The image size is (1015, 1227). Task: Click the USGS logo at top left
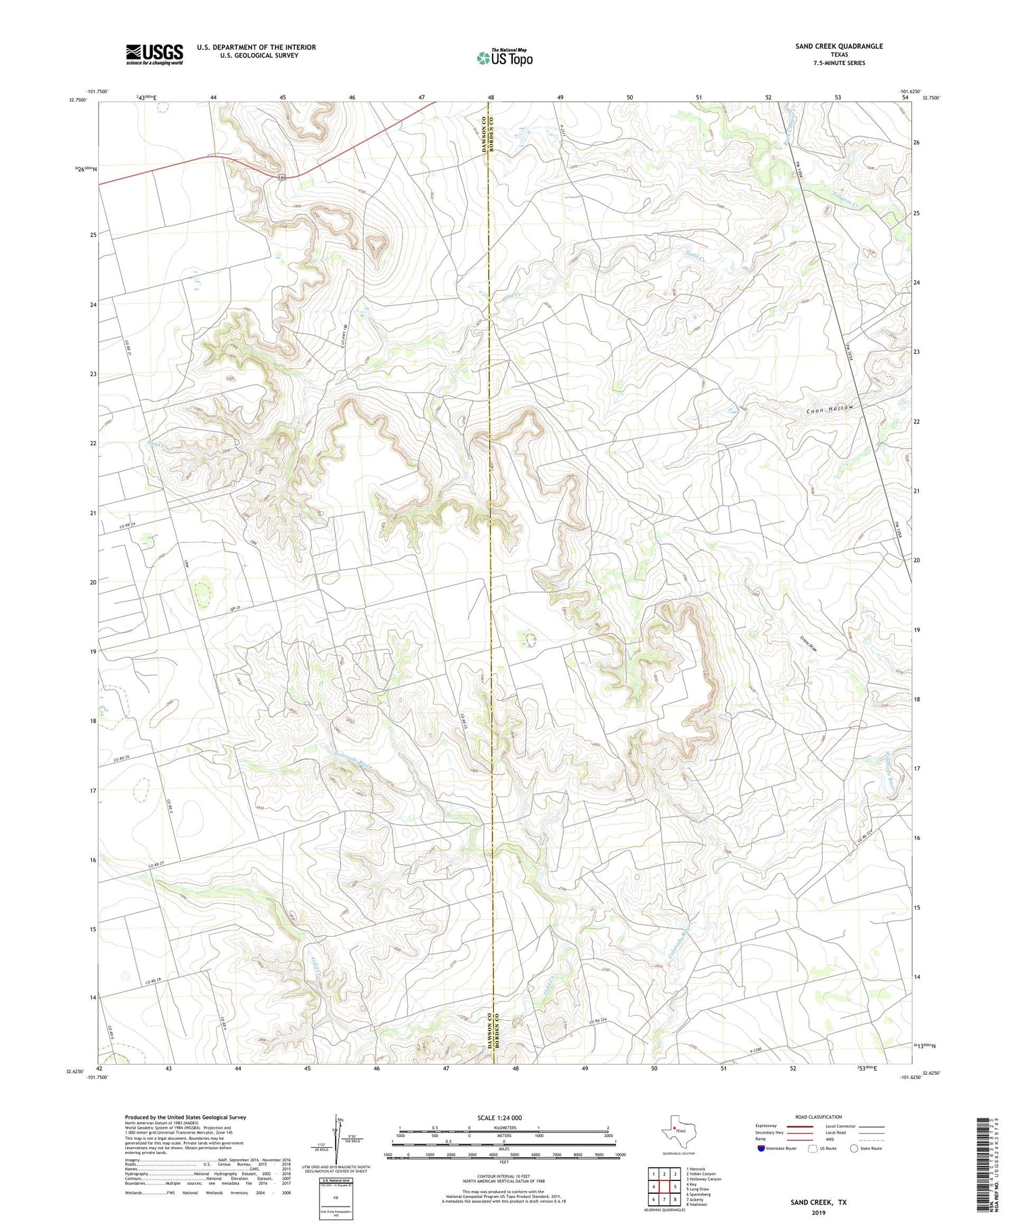(154, 54)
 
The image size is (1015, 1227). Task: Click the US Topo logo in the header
(504, 58)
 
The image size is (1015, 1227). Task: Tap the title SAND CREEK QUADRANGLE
(838, 46)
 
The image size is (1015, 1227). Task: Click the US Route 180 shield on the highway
(281, 177)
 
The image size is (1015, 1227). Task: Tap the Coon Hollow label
(830, 409)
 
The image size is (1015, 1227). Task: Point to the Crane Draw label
(809, 644)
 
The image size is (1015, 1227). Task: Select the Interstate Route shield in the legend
(761, 1148)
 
